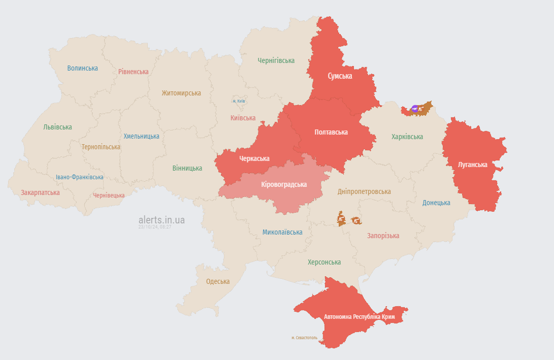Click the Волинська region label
coord(82,68)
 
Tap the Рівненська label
coord(134,72)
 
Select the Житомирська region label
coord(181,93)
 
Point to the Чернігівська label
coord(276,60)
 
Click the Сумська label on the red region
coord(340,76)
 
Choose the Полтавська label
coord(331,132)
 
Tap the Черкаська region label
coord(254,158)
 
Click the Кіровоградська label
coord(284,184)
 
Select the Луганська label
coord(472,165)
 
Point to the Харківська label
coord(407,137)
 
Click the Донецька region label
coord(436,203)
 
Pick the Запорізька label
coord(383,236)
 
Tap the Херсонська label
coord(324,262)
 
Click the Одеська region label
coord(218,281)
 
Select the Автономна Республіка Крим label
coord(360,317)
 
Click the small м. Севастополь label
coord(305,338)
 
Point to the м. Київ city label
coord(239,101)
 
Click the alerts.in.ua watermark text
coord(161,220)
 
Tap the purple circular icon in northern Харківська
coord(415,109)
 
